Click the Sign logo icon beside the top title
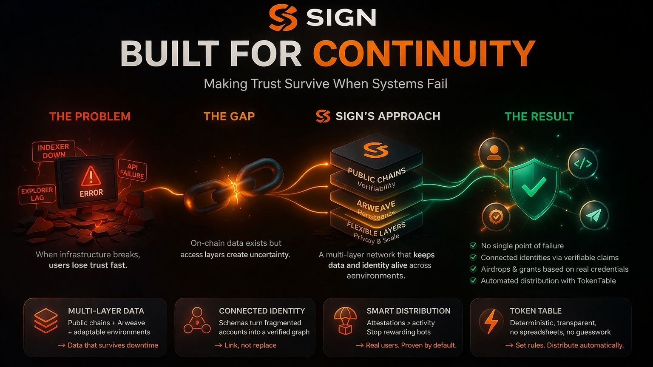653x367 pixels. (x=283, y=17)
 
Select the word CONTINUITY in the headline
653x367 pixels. (x=424, y=54)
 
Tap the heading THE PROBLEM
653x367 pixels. (x=90, y=117)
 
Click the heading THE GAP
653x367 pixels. (x=229, y=117)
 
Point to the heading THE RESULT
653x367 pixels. (x=539, y=117)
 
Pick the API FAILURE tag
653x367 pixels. (x=132, y=170)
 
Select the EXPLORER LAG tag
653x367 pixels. (x=37, y=194)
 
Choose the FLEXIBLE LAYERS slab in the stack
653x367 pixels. (x=376, y=230)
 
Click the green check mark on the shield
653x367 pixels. (x=534, y=187)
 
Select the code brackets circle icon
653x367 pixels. (x=582, y=163)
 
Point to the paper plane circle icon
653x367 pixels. (x=593, y=216)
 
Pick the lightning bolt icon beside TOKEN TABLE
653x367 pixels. (x=491, y=321)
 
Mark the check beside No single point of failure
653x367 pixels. (x=473, y=245)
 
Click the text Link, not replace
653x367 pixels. (x=250, y=345)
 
